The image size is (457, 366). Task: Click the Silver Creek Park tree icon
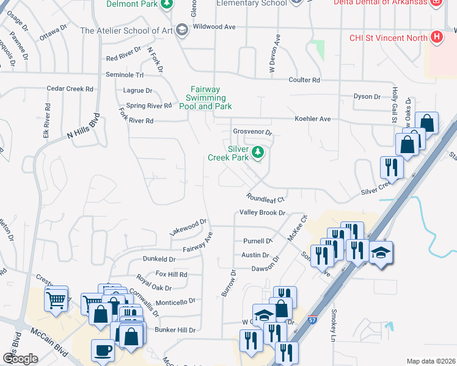pos(258,152)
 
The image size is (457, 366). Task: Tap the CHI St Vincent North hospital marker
pos(436,38)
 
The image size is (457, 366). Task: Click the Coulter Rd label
pos(304,80)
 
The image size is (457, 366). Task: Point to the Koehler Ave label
pos(312,119)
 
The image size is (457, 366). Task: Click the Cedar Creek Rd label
pos(70,88)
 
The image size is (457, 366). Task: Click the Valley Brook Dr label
pos(263,213)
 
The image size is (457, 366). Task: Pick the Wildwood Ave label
pos(214,27)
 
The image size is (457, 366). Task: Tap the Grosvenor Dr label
pos(252,132)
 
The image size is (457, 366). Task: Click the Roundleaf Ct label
pos(266,198)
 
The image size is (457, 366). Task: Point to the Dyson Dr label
pos(367,96)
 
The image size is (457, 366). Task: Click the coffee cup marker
pos(103,350)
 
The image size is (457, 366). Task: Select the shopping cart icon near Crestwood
pos(56,299)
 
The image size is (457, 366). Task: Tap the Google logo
pos(20,359)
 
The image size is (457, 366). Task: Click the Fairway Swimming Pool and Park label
pos(205,98)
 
